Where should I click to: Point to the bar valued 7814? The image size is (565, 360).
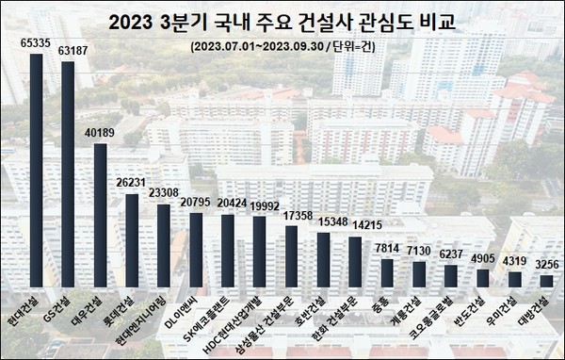click(x=386, y=272)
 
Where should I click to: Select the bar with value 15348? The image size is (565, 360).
click(x=322, y=259)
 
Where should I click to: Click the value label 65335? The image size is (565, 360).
click(x=36, y=44)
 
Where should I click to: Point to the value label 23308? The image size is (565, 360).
click(x=163, y=193)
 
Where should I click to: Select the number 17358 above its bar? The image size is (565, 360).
click(x=290, y=216)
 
